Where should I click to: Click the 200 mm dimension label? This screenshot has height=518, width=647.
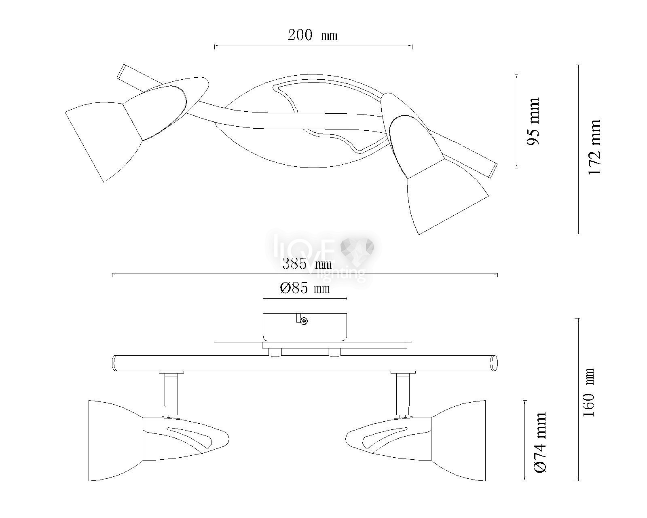[312, 35]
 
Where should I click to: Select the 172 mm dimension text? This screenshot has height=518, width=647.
[594, 147]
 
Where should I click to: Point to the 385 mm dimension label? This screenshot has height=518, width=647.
[307, 264]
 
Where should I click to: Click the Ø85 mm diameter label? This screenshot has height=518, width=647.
[305, 288]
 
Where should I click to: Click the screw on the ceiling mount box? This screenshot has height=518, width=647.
[305, 321]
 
